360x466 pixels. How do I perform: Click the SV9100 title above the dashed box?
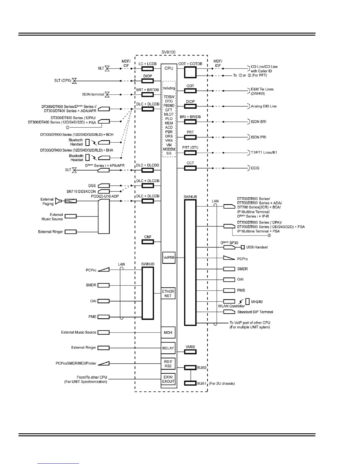point(168,52)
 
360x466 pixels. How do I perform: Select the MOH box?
point(168,332)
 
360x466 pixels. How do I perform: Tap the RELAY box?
point(168,348)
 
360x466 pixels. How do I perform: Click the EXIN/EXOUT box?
point(168,379)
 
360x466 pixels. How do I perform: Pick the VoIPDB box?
point(169,258)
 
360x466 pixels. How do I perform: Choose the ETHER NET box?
point(168,294)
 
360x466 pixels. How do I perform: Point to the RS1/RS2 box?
point(168,364)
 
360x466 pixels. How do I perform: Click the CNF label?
point(148,237)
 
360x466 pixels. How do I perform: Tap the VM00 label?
point(190,347)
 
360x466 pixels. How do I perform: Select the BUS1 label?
point(202,383)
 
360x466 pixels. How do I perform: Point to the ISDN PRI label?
point(259,137)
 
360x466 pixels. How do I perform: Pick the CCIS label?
point(255,168)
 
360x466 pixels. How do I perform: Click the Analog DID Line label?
point(264,106)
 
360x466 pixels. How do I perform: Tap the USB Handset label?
point(257,247)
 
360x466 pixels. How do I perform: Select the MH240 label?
point(257,302)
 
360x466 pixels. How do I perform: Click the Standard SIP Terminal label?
point(255,312)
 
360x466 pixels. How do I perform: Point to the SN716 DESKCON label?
point(81,192)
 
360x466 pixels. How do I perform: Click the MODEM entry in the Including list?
point(169,149)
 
